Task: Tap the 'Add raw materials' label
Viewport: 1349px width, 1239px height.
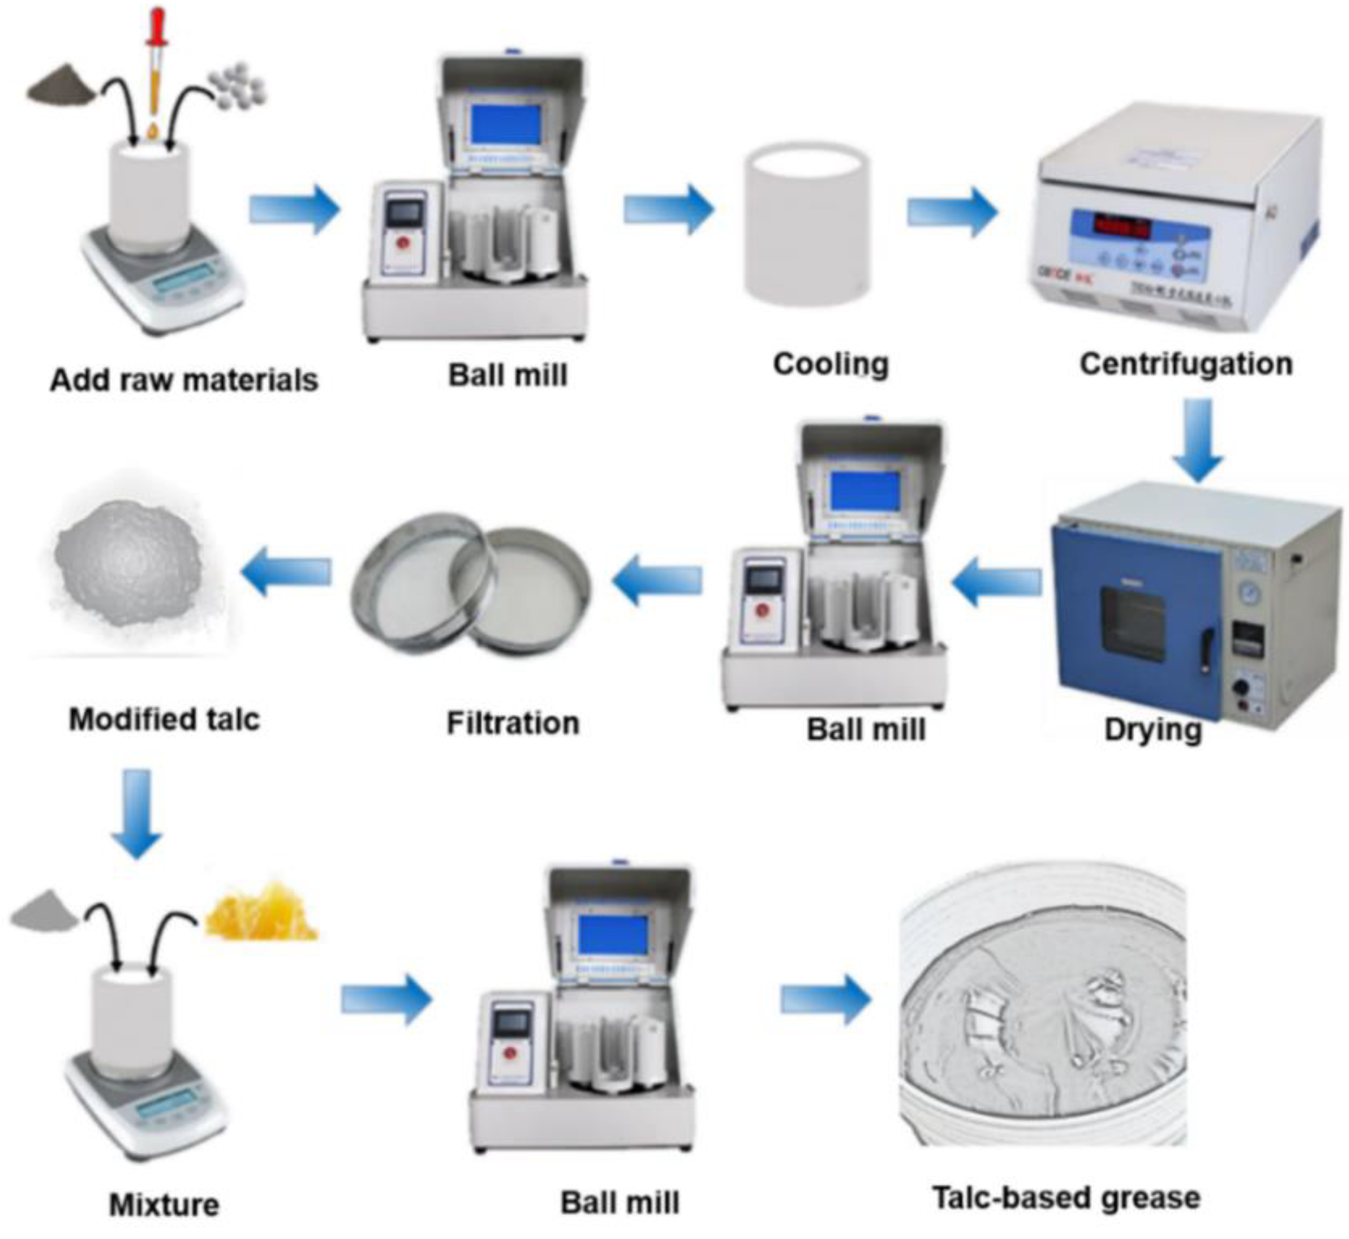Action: [184, 380]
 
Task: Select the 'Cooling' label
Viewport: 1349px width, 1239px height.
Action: [830, 365]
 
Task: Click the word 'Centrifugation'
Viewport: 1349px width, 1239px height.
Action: [1186, 364]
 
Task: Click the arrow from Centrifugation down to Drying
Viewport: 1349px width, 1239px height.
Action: [1198, 439]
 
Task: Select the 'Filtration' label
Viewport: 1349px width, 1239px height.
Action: [513, 723]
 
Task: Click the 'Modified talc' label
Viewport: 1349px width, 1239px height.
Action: [164, 720]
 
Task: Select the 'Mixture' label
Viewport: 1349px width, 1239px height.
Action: [164, 1205]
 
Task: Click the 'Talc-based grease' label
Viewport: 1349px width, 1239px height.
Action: [1066, 1198]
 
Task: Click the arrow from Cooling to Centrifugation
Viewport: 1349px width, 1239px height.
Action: [952, 211]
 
